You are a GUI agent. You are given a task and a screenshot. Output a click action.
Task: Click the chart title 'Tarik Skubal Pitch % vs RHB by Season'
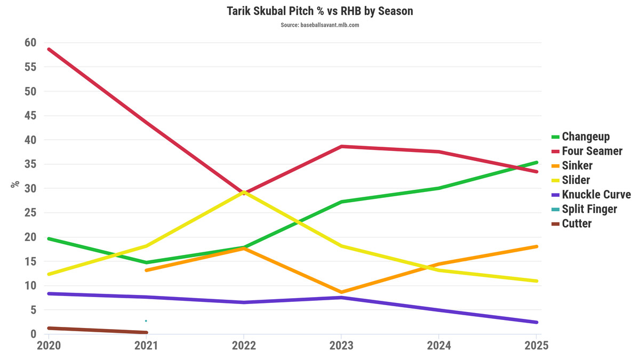[x=319, y=11]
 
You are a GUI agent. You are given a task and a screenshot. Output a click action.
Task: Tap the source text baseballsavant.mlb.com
[x=319, y=25]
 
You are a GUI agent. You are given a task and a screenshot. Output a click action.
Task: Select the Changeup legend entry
[x=586, y=137]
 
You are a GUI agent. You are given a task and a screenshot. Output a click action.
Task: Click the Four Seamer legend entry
[x=592, y=151]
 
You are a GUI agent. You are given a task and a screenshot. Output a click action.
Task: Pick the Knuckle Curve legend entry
[x=596, y=195]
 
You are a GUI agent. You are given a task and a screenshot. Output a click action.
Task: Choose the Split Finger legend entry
[x=589, y=209]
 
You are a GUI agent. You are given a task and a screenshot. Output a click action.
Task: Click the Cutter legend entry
[x=577, y=223]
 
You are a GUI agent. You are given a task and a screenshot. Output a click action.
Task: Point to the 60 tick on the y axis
[x=30, y=43]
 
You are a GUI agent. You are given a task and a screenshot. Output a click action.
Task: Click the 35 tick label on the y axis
[x=30, y=164]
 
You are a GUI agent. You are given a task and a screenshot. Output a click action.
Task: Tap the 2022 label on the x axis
[x=244, y=346]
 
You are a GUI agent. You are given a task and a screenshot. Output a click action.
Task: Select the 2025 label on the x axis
[x=535, y=346]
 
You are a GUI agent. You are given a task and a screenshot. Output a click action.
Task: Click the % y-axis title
[x=15, y=184]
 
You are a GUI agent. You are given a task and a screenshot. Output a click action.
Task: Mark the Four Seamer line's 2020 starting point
[x=49, y=49]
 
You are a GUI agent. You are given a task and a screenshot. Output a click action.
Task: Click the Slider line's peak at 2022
[x=244, y=192]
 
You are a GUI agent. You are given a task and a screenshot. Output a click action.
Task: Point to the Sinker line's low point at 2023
[x=341, y=292]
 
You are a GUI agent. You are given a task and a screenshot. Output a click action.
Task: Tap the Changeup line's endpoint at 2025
[x=536, y=162]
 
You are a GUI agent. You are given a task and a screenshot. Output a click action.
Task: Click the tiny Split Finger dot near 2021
[x=146, y=321]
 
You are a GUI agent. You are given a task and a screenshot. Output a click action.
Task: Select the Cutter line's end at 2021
[x=146, y=332]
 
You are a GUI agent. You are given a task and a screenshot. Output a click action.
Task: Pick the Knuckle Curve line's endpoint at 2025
[x=536, y=322]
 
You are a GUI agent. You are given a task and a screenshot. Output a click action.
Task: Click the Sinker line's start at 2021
[x=146, y=270]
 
